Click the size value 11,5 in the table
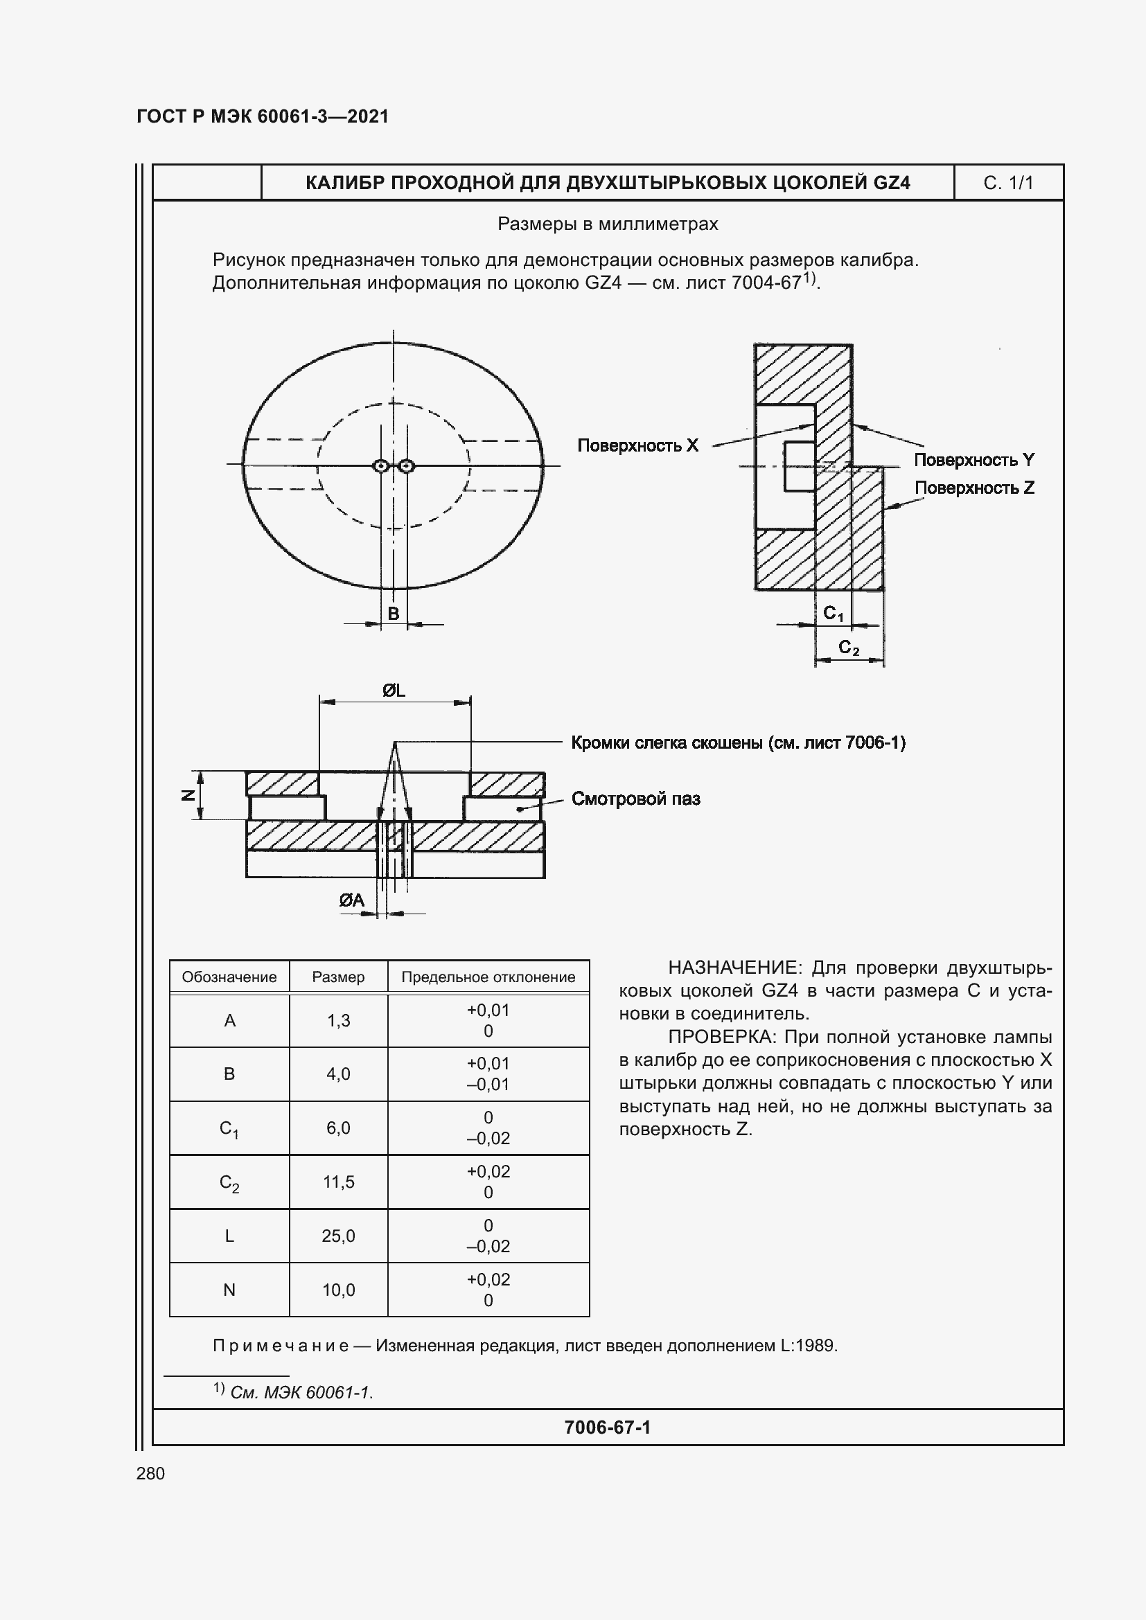click(338, 1182)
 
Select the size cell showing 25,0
click(338, 1236)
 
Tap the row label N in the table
click(229, 1290)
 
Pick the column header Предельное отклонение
click(488, 977)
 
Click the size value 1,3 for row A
click(338, 1020)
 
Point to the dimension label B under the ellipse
click(393, 614)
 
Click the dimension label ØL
click(394, 691)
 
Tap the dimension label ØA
click(351, 900)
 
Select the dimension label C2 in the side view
click(848, 648)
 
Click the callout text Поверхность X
click(637, 445)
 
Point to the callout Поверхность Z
click(973, 488)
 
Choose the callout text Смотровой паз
click(635, 799)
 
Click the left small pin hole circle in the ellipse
click(381, 465)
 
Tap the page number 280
click(150, 1473)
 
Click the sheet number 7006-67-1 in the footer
click(607, 1427)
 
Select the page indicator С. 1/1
click(1007, 184)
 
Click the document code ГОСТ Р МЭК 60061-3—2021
click(263, 116)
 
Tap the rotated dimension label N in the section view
click(188, 795)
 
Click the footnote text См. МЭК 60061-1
click(301, 1392)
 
